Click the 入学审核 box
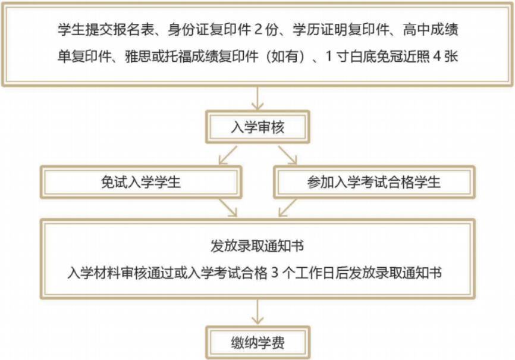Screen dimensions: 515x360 pos(258,127)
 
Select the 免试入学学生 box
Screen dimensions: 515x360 pos(141,182)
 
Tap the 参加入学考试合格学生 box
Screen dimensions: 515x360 pos(374,182)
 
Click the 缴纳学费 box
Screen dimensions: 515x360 pos(258,343)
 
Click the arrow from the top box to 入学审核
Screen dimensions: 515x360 pos(258,98)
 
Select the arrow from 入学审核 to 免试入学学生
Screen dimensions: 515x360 pos(228,155)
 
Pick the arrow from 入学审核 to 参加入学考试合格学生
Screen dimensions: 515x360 pos(288,155)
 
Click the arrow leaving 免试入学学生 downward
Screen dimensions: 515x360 pos(228,208)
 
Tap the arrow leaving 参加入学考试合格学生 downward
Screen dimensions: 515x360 pos(288,208)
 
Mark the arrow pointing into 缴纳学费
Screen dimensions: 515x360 pos(258,312)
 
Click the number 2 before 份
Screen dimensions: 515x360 pos(258,30)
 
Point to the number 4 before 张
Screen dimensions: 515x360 pos(437,57)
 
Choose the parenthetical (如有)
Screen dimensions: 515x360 pos(285,57)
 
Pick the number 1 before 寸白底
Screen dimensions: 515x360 pos(329,57)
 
